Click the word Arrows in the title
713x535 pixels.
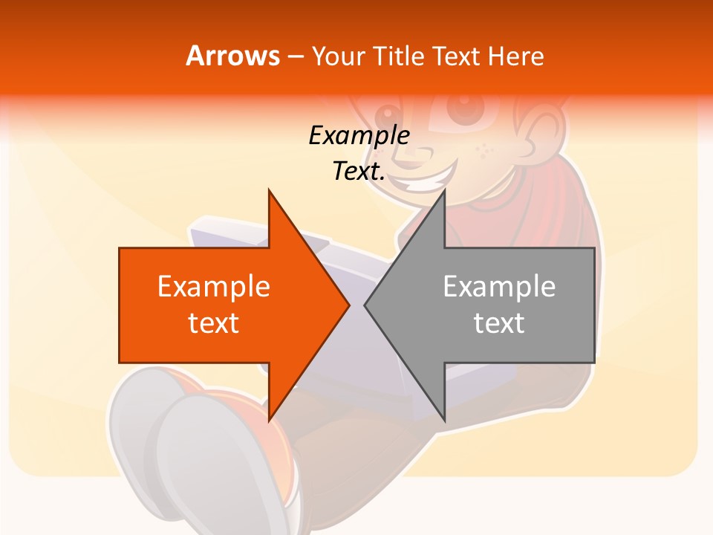(232, 56)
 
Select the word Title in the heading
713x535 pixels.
(398, 56)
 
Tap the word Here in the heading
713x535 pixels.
(515, 56)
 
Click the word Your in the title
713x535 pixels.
(338, 56)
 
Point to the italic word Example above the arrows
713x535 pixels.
(359, 135)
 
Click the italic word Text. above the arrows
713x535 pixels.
(359, 171)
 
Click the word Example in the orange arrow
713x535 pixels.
(214, 287)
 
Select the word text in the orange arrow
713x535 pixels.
(214, 323)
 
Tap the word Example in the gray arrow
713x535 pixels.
(499, 287)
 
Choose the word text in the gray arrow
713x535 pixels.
(499, 323)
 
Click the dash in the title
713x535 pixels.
(295, 56)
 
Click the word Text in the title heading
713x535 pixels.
(456, 56)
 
